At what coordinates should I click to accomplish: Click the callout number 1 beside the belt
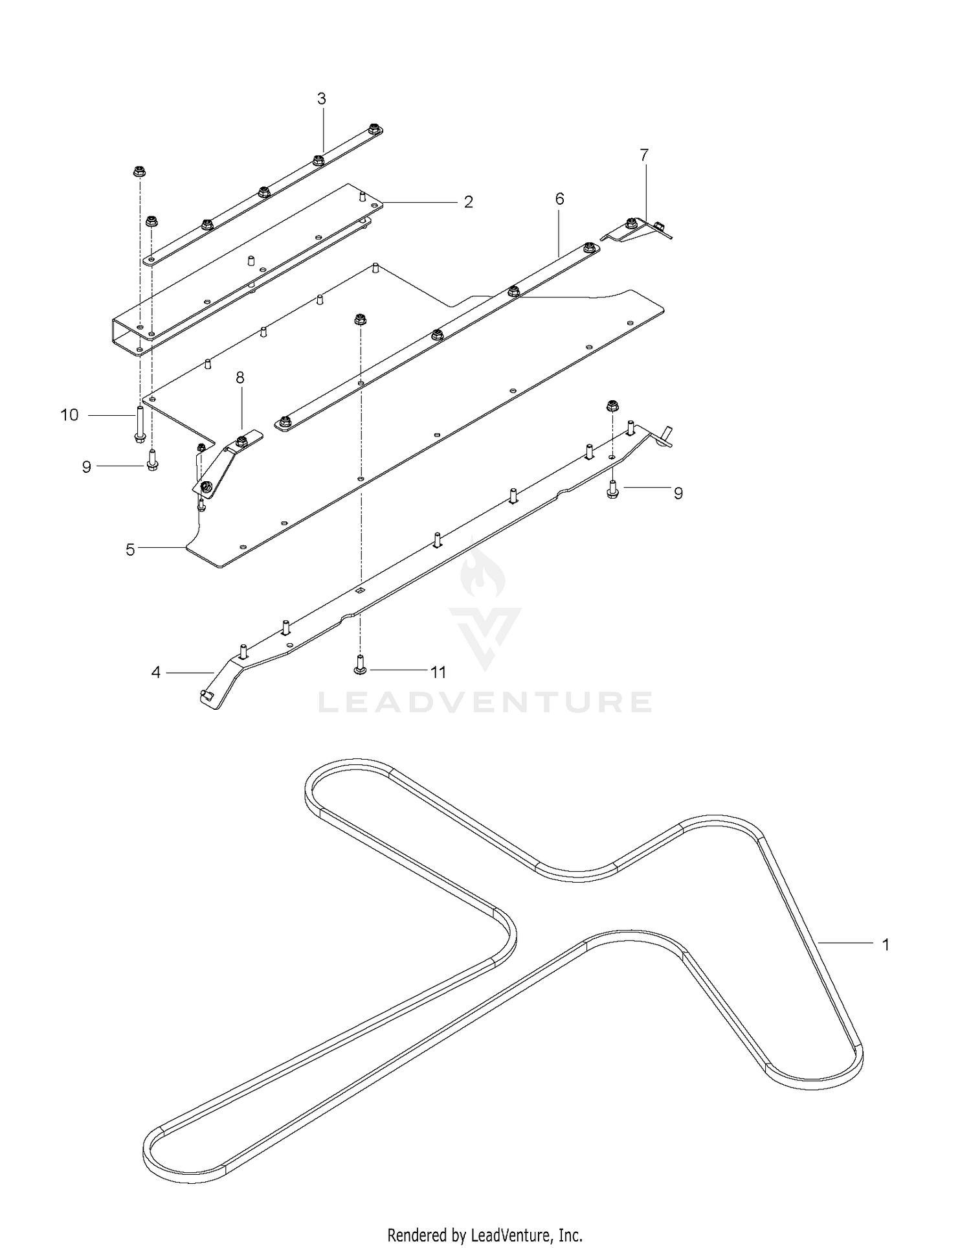(x=886, y=945)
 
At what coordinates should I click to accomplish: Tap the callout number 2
(x=469, y=202)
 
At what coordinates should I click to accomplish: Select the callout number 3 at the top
(x=321, y=99)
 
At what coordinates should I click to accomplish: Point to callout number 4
(x=155, y=673)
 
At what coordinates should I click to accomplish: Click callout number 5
(x=130, y=550)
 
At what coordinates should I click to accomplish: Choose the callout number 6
(x=559, y=199)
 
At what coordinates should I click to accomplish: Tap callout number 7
(x=643, y=155)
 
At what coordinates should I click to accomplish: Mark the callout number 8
(x=240, y=378)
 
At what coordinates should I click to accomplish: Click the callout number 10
(x=69, y=414)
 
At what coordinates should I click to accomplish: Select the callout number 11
(x=439, y=672)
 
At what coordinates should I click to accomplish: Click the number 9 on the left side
(x=86, y=467)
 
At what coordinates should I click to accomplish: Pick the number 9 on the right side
(x=678, y=494)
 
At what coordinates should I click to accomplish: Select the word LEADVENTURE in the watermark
(x=485, y=702)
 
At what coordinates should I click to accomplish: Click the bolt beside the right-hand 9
(x=612, y=490)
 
